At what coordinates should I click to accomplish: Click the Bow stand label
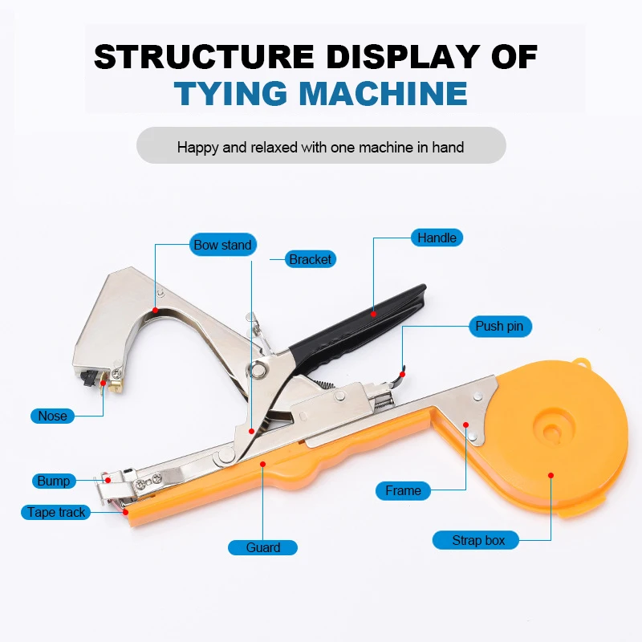coord(222,245)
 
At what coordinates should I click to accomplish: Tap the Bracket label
coord(311,259)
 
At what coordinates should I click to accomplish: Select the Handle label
coord(437,238)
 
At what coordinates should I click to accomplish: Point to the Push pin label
coord(499,326)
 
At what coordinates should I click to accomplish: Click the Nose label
coord(52,416)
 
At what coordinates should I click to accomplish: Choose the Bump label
coord(53,481)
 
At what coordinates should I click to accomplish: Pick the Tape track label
coord(56,512)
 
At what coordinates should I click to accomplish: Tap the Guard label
coord(263,547)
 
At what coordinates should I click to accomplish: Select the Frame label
coord(403,490)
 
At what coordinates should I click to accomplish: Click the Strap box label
coord(478,540)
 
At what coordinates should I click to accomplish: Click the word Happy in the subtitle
coord(197,147)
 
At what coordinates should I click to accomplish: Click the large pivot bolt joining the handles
coord(258,369)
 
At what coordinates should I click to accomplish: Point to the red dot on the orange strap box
coord(551,475)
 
